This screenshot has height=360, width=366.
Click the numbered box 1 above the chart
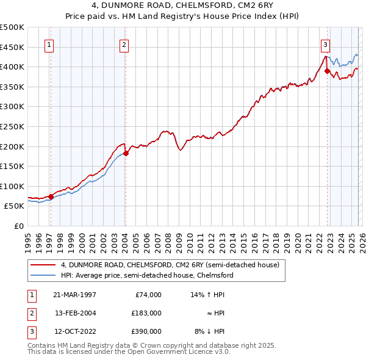click(48, 44)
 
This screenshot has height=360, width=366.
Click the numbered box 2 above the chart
click(124, 44)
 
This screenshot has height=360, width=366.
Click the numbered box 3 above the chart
click(325, 44)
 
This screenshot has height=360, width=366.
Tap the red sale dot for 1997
click(51, 196)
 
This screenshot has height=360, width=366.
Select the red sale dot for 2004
click(126, 153)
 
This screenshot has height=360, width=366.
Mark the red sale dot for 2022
click(328, 71)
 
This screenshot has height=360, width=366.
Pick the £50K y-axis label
click(15, 206)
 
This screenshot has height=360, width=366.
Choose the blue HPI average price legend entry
click(146, 275)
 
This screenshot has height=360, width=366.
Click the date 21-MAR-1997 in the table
click(74, 295)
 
